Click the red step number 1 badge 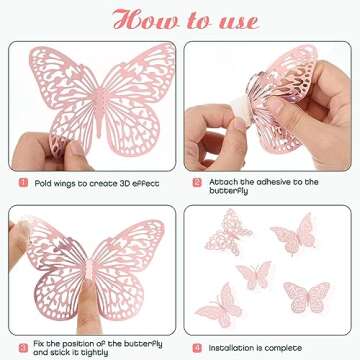[x=23, y=182]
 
